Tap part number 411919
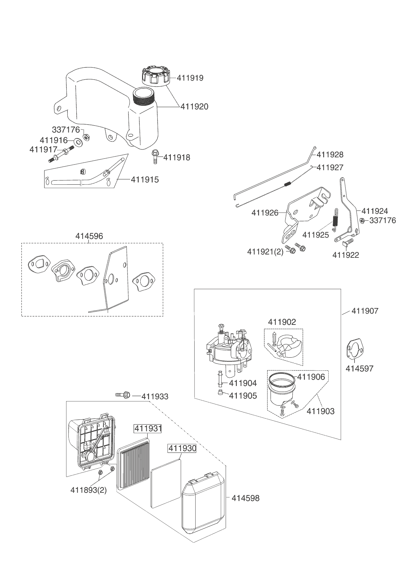click(190, 78)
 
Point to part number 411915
click(145, 179)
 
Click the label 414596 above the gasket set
click(89, 236)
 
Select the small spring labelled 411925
click(335, 218)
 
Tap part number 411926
click(265, 213)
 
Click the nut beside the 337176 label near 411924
click(362, 221)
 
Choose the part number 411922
click(346, 255)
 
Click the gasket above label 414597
click(354, 349)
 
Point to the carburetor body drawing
click(228, 347)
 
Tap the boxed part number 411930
click(182, 448)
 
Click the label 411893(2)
click(89, 490)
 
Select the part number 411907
click(365, 311)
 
